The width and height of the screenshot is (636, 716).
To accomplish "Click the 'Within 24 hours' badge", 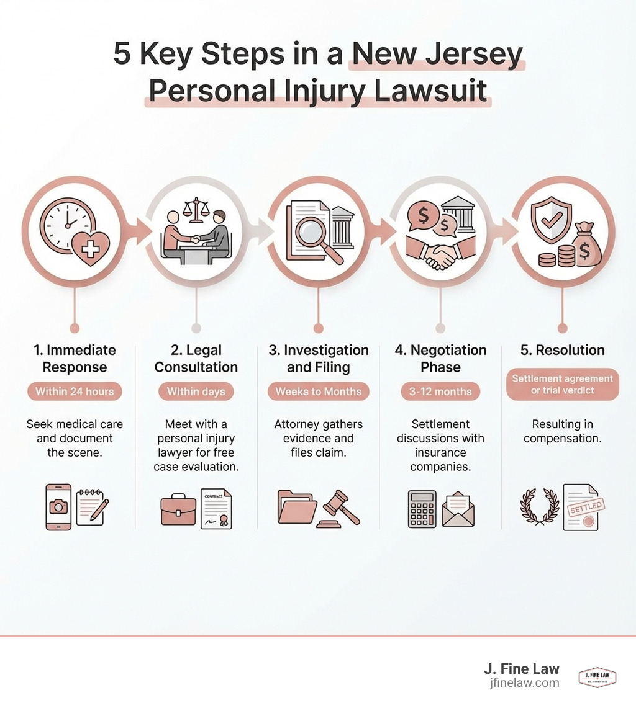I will tap(75, 392).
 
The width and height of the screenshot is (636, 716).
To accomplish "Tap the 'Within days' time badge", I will tap(196, 392).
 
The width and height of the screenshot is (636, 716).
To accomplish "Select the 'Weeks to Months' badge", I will tap(318, 392).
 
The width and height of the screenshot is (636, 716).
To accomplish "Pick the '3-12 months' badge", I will tap(440, 392).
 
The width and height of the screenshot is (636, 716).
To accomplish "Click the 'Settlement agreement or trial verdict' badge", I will tap(562, 385).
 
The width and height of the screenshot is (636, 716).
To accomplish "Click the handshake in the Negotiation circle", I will tap(440, 255).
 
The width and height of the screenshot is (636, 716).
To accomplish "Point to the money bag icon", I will tap(586, 246).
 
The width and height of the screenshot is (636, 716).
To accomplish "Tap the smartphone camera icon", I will tap(58, 507).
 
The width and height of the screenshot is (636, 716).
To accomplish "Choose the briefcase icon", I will tap(178, 509).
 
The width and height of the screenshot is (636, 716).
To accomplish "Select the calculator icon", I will tap(422, 509).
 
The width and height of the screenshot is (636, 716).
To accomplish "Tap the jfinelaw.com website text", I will tap(524, 682).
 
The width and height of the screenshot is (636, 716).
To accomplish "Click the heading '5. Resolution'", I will tap(562, 350).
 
